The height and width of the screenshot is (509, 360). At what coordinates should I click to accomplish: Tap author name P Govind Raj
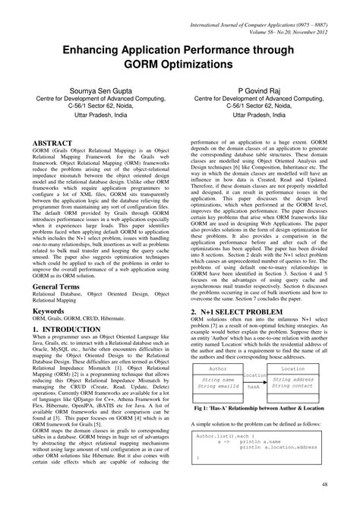pos(259,89)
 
